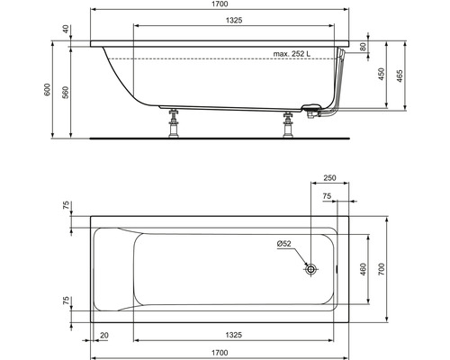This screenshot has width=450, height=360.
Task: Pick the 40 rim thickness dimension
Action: (65, 29)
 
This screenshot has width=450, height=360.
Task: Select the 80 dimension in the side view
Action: (363, 47)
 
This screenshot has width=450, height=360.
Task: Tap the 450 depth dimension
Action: (381, 75)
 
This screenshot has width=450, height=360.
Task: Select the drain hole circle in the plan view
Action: (311, 268)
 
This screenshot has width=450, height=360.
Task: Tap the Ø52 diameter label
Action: (285, 245)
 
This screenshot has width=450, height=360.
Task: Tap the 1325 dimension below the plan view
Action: (236, 334)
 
